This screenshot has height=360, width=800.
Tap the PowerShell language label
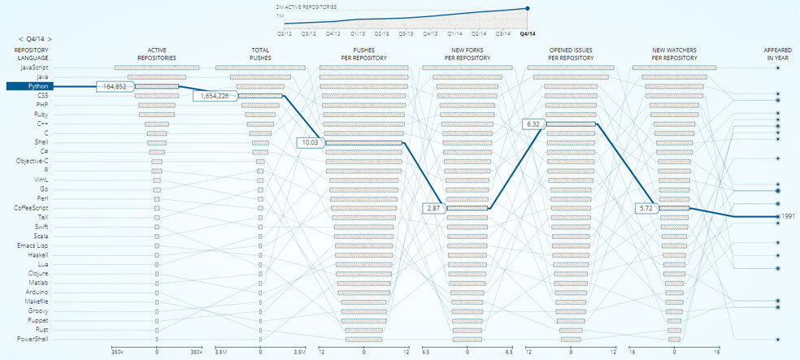pyautogui.click(x=33, y=339)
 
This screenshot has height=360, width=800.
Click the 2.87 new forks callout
pyautogui.click(x=433, y=209)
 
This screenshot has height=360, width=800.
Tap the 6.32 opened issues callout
pyautogui.click(x=533, y=124)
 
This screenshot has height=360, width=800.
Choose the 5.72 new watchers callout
pyautogui.click(x=646, y=209)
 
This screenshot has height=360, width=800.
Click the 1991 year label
pyautogui.click(x=788, y=217)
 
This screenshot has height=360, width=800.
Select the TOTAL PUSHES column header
pyautogui.click(x=260, y=54)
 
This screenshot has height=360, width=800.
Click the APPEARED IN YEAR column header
pyautogui.click(x=778, y=54)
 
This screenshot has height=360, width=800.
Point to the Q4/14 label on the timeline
pyautogui.click(x=528, y=34)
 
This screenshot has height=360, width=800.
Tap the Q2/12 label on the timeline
pyautogui.click(x=285, y=34)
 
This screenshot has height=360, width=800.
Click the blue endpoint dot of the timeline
pyautogui.click(x=528, y=8)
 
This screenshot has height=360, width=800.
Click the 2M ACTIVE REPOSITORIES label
pyautogui.click(x=307, y=6)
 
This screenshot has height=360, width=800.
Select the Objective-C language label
pyautogui.click(x=33, y=161)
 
